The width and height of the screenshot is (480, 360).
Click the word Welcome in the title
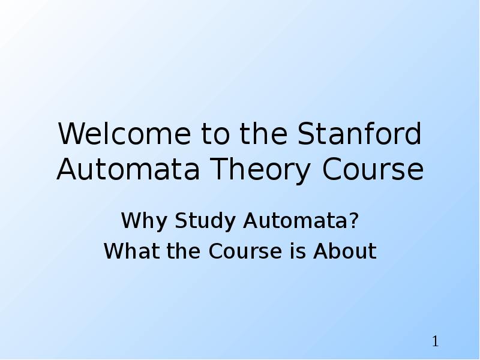tap(124, 134)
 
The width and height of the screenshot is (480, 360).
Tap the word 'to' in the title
tap(215, 134)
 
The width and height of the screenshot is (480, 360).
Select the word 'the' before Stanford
tap(263, 133)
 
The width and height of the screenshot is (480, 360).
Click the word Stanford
tap(359, 133)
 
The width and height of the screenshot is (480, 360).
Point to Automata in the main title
tap(128, 169)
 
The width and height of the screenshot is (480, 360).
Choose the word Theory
tap(260, 170)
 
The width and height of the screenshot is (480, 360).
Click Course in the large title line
tap(373, 169)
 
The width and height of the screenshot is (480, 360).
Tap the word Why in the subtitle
tap(144, 221)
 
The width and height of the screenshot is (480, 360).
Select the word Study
tap(205, 221)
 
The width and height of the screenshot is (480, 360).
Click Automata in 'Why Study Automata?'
tap(296, 220)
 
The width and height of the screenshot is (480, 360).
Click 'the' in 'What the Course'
tap(184, 251)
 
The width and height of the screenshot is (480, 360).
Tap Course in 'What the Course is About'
tap(245, 251)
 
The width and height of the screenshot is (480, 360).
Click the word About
tap(345, 251)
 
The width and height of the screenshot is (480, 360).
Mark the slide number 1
tap(436, 341)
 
